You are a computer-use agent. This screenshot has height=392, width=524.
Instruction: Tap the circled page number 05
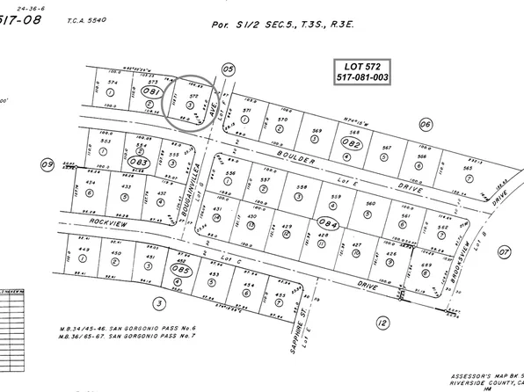pos(229,69)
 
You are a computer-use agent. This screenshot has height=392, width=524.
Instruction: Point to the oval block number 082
pos(353,142)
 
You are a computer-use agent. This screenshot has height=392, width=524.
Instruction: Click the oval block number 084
pos(329,224)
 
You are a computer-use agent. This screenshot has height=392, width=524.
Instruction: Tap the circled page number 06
pos(426,124)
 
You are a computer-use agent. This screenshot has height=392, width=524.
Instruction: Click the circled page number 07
pos(504,251)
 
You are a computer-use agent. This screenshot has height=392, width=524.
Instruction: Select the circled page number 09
pos(48,163)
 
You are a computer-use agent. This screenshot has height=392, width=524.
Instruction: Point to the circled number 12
pos(382,323)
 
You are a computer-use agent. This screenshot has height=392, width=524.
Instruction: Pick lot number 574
pos(112,83)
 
